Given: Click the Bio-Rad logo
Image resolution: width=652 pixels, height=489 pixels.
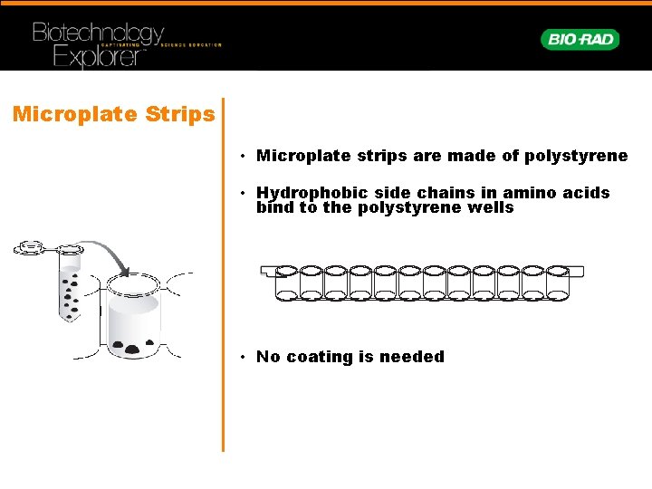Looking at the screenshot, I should (x=580, y=39).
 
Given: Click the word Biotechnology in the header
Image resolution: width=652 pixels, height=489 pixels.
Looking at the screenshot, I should (x=98, y=34).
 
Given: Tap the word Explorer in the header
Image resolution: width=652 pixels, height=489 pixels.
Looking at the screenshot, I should (x=98, y=57).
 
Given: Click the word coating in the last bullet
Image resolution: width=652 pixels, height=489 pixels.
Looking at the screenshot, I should (x=318, y=357).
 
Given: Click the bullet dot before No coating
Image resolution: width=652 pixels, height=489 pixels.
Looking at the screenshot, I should (x=244, y=357).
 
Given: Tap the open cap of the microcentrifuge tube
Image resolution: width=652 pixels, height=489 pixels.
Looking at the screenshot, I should (x=31, y=246).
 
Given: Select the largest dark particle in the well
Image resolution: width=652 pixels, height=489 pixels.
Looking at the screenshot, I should (x=133, y=348).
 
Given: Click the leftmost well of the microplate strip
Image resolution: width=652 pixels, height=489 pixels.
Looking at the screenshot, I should (x=287, y=283).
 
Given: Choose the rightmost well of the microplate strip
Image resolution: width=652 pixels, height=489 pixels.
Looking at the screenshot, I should (x=556, y=283).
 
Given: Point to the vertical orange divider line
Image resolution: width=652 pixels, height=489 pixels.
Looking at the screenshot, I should (x=223, y=272).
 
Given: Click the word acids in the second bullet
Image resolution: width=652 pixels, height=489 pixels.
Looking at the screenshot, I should (x=589, y=193).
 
